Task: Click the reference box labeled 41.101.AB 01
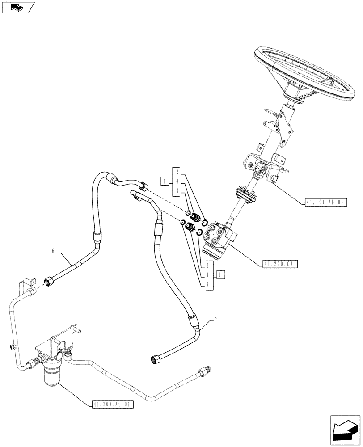(x=325, y=202)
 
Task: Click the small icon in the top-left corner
(x=17, y=7)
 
